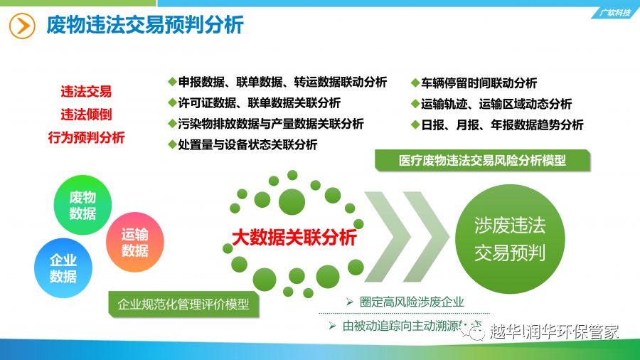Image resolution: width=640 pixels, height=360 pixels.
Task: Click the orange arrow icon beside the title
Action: coord(22,26)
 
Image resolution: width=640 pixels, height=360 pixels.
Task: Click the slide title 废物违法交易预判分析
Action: coord(145,25)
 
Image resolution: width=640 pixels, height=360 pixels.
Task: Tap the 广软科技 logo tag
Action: coord(615,13)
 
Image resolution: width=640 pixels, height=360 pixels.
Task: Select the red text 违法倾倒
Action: coord(86,115)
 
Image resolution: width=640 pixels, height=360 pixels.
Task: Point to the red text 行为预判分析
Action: coord(86,137)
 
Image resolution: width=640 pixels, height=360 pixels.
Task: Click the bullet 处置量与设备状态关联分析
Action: coord(243,144)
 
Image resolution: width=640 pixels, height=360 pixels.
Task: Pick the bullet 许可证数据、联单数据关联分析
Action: coord(255,103)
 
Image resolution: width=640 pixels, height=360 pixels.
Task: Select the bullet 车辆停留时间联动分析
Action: coord(474,83)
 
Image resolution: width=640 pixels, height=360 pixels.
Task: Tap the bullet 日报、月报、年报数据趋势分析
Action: coord(497,125)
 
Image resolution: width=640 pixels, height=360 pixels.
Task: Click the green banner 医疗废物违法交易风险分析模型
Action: coord(482,160)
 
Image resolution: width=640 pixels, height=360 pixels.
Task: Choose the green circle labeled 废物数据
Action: coord(82,205)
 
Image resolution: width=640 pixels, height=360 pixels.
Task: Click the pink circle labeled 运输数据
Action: coord(134,242)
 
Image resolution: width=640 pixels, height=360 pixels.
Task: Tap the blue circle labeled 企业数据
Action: coord(63,268)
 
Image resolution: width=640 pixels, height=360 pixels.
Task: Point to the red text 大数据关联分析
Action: coord(294,238)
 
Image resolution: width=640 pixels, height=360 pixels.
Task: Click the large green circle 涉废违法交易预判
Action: coord(510,239)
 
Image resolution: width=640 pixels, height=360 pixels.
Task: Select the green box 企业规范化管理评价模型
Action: coord(183,304)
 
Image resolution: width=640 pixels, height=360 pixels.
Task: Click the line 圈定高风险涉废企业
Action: coord(405,302)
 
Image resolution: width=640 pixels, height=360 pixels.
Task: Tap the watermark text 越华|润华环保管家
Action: coord(554,332)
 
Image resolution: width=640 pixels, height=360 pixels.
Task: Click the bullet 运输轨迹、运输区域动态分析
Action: coord(491,104)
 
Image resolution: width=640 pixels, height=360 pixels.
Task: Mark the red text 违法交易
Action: coord(86,92)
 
